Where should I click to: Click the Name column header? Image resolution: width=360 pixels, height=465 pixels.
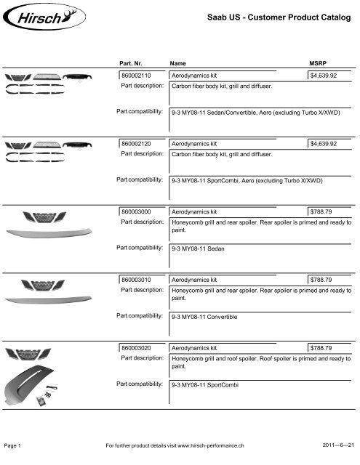click(177, 64)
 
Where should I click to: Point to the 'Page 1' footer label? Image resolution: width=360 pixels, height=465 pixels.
click(17, 444)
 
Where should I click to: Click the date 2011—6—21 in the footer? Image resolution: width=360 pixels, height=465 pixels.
click(337, 444)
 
